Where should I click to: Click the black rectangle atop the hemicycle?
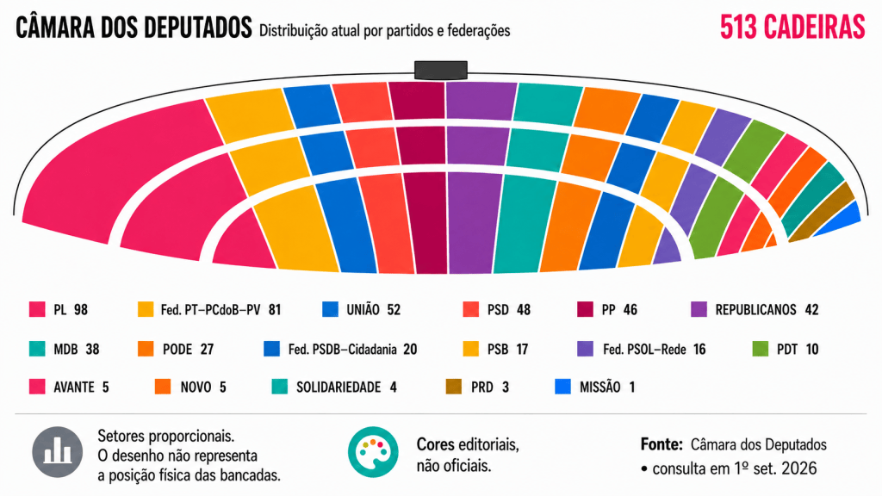pos(441,70)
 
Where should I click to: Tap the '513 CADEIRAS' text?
pos(792,27)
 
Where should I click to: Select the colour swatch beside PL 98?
pos(37,309)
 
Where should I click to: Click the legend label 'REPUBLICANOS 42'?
pos(766,310)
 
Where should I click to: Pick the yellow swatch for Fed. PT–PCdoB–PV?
pos(146,309)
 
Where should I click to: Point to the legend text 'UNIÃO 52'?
pos(374,310)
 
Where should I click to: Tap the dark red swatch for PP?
pos(585,309)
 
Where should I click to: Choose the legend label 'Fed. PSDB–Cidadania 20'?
pos(352,350)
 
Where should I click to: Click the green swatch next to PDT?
pos(761,349)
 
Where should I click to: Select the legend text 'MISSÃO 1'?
pos(607,387)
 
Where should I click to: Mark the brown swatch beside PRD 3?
pos(453,387)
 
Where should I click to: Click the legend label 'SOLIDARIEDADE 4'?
pos(346,387)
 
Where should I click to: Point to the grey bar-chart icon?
pos(58,452)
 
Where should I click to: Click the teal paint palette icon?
pos(373,452)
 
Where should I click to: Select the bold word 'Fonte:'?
pos(661,445)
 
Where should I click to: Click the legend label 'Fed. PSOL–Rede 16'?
pos(655,350)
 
